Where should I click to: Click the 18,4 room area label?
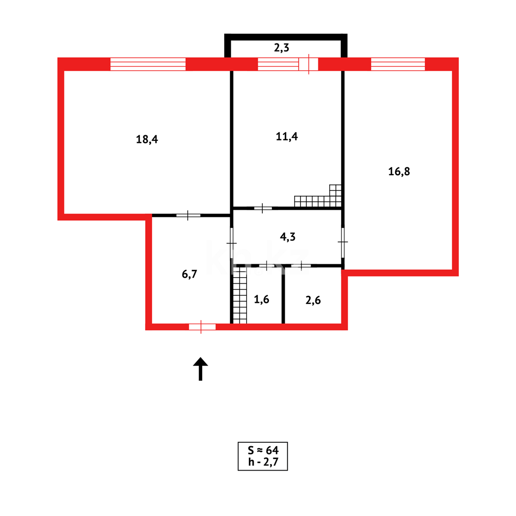click(147, 140)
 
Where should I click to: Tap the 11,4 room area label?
click(287, 136)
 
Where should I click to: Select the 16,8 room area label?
click(398, 172)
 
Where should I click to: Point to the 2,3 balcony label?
click(281, 48)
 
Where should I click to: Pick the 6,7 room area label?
click(190, 274)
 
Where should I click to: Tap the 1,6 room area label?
click(261, 300)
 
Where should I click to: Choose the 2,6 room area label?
click(313, 300)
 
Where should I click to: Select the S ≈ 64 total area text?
click(263, 450)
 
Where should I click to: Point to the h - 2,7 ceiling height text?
click(263, 462)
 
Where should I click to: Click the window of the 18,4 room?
click(148, 64)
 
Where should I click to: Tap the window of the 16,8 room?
click(398, 64)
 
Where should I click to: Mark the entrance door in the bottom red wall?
click(202, 326)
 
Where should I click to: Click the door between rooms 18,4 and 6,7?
click(188, 215)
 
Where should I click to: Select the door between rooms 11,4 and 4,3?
click(263, 208)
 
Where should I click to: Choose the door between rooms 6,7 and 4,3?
click(232, 244)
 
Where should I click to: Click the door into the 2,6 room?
click(301, 265)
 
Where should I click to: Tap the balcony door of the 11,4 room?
click(309, 64)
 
